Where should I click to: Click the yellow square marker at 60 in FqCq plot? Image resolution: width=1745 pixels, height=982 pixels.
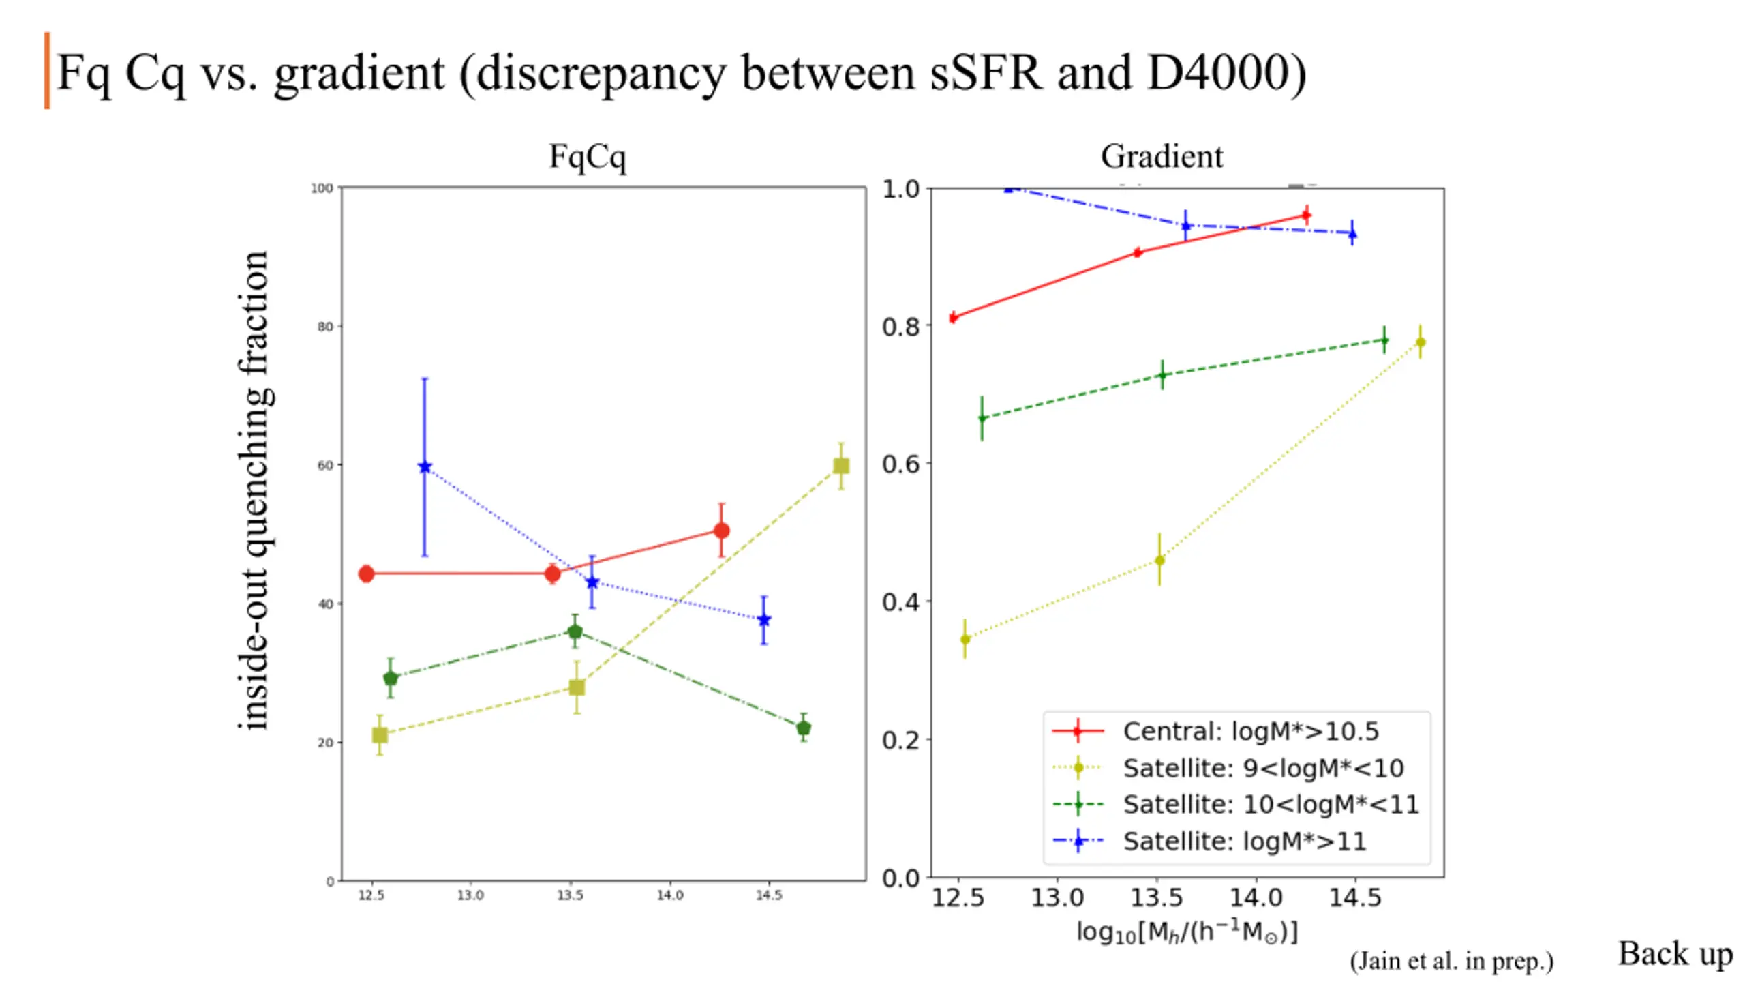[840, 466]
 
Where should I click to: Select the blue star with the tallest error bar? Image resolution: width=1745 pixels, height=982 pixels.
[425, 467]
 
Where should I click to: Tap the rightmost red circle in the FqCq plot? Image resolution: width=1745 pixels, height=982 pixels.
[721, 531]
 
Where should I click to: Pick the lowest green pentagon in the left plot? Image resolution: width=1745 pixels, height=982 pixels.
[804, 728]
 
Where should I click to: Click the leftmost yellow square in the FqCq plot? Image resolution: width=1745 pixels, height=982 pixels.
[380, 734]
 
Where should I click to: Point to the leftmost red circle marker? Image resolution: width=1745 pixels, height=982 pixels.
[366, 574]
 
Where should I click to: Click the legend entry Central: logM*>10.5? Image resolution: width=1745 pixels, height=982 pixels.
[1250, 731]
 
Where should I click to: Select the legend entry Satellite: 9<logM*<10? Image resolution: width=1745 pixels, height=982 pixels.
[1262, 768]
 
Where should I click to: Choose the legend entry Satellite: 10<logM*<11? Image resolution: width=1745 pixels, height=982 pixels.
[1270, 805]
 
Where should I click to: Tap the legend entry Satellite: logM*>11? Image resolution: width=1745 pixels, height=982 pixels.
[1244, 842]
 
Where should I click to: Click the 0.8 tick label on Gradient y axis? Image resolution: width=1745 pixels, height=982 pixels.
[900, 327]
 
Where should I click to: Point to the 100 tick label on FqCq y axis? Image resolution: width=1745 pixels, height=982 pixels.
[322, 188]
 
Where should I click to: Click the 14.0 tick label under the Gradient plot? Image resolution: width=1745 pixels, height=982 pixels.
[1256, 897]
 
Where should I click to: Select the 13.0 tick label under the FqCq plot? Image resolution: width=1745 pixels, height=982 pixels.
[470, 895]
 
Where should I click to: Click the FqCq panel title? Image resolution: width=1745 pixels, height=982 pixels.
[588, 157]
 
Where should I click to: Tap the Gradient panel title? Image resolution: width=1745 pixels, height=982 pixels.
[1162, 157]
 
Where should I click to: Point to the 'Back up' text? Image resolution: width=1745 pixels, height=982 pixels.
[1675, 953]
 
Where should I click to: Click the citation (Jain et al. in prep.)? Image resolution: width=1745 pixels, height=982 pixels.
[1451, 961]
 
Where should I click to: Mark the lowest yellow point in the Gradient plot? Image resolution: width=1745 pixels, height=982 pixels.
[965, 639]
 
